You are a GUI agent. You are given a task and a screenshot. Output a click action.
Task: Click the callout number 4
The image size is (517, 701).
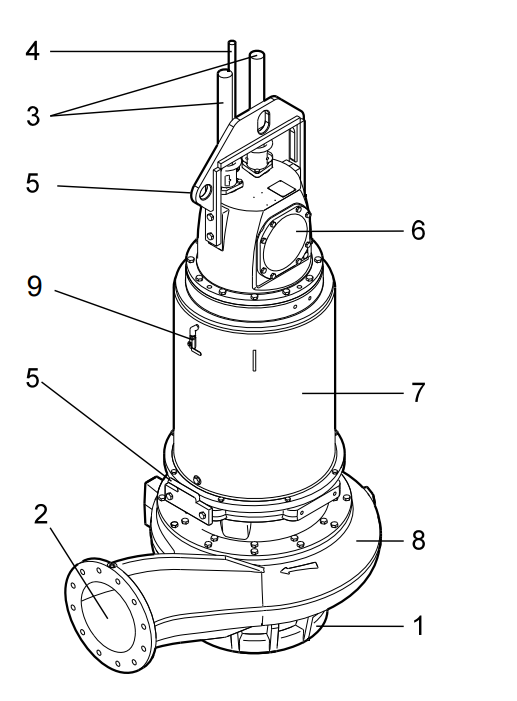(x=32, y=51)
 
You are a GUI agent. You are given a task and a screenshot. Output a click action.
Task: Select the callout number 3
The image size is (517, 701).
(x=33, y=116)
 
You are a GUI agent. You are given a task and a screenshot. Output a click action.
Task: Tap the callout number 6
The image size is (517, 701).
(x=418, y=230)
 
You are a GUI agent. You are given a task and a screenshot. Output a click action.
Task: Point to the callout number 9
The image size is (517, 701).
(x=34, y=286)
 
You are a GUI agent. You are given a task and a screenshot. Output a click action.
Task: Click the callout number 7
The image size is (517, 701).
(x=418, y=393)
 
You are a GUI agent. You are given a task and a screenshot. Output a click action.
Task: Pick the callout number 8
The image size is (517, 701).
(x=418, y=540)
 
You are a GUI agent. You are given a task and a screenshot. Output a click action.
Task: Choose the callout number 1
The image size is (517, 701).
(x=418, y=625)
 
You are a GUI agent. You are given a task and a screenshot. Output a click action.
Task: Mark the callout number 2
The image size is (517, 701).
(x=41, y=514)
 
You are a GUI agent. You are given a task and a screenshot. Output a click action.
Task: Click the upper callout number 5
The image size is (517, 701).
(x=32, y=183)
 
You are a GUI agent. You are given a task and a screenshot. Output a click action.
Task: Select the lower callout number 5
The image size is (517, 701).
(x=32, y=378)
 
